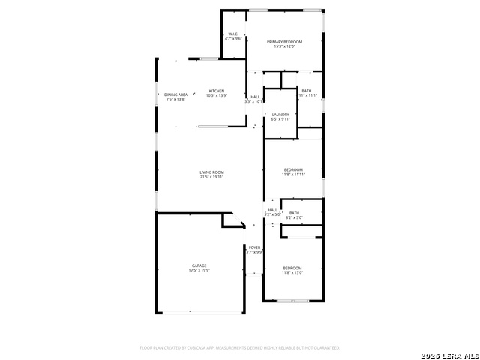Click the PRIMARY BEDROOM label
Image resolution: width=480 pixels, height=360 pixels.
284,42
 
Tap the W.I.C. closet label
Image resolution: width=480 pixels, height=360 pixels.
234,34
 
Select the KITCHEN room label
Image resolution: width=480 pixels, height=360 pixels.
216,91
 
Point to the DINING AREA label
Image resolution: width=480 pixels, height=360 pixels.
176,94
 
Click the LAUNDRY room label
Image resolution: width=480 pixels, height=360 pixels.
280,114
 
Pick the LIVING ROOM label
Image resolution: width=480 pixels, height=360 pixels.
211,172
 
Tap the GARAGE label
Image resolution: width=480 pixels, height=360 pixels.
199,265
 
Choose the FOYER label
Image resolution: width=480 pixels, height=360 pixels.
255,247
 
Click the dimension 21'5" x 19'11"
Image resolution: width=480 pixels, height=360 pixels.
211,178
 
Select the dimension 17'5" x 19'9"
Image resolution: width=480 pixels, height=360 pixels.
199,271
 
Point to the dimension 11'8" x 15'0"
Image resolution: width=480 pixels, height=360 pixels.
292,273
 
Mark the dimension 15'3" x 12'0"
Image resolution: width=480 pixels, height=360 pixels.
284,47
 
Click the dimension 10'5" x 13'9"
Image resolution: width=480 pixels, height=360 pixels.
216,96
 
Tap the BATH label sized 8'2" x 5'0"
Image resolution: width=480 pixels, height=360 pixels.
294,213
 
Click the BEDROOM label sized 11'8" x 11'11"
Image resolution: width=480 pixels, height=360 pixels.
292,169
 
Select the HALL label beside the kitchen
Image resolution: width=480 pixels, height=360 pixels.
255,96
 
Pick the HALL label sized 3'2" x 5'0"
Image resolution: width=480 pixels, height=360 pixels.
273,210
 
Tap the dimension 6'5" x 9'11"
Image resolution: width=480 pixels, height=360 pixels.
280,119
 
